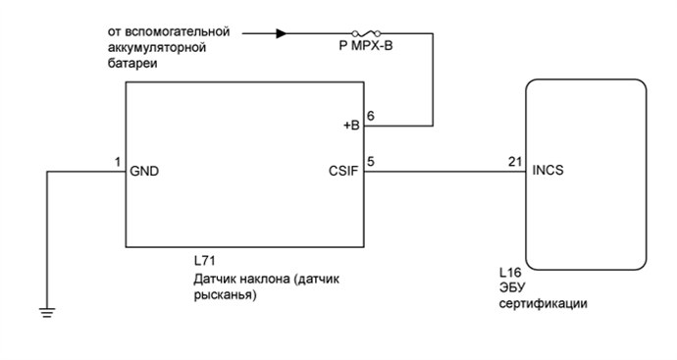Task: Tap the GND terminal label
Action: pos(144,170)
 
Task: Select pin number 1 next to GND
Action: pos(117,162)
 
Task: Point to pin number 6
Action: pos(370,116)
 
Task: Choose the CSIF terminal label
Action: pos(346,170)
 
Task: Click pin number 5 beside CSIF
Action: pos(370,162)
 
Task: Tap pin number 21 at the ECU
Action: pos(514,162)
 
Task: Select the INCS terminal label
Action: pos(548,170)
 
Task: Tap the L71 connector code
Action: pos(205,262)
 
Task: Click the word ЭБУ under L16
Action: pos(511,287)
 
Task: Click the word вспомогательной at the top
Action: pos(179,31)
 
